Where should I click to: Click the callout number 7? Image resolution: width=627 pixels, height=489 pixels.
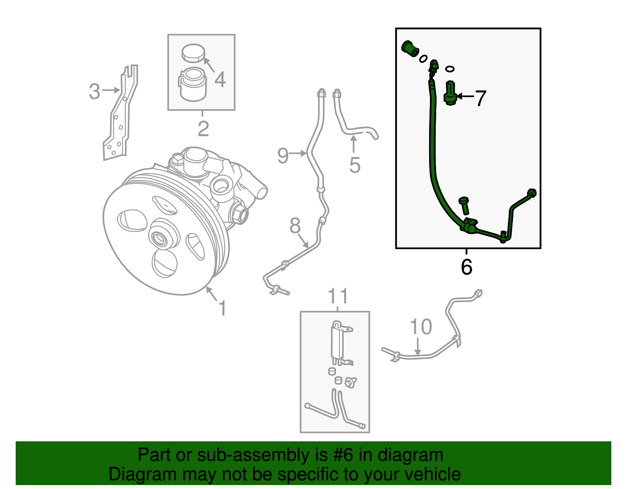pos(480,98)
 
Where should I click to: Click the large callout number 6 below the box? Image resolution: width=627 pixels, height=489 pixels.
pos(466,267)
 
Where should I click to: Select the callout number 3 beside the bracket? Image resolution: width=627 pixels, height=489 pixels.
pos(94,91)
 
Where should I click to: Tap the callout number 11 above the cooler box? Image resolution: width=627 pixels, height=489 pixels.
pos(338,296)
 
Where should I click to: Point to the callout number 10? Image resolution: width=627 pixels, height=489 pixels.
pos(420,327)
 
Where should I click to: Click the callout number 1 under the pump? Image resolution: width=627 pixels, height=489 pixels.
pos(222,309)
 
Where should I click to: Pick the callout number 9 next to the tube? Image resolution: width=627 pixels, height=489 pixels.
pos(283,155)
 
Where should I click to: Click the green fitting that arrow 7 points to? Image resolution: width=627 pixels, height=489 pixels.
pos(450,94)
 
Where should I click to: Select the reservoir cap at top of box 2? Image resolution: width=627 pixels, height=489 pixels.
pos(194,53)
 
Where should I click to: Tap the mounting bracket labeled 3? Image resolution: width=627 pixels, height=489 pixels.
pos(120,117)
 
